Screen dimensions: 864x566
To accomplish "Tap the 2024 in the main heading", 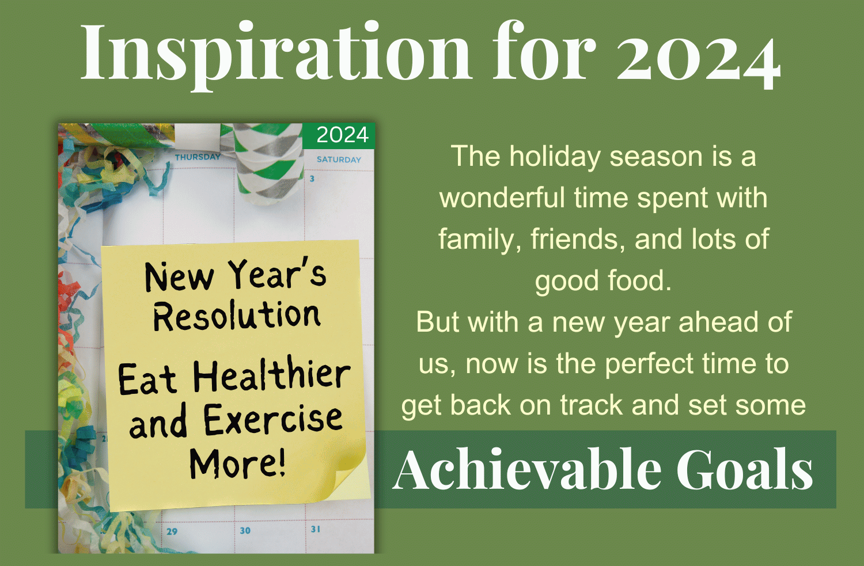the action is click(x=699, y=58).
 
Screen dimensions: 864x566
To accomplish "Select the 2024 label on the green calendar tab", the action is click(x=343, y=135).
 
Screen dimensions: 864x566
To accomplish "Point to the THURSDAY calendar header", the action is click(x=198, y=157).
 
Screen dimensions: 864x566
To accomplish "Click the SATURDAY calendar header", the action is click(x=339, y=159).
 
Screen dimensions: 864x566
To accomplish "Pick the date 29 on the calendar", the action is click(x=172, y=531).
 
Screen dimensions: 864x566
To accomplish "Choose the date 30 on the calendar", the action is click(x=245, y=531).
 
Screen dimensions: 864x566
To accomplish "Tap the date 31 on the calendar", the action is click(x=316, y=529).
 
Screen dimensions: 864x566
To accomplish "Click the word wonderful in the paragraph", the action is click(x=502, y=198).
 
